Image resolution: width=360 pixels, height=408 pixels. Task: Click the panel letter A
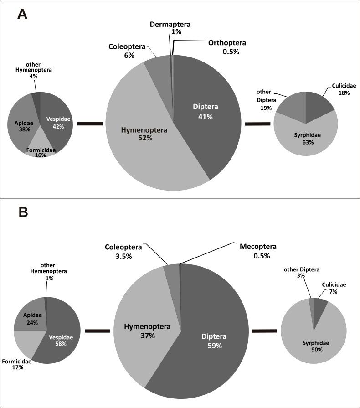click(23, 14)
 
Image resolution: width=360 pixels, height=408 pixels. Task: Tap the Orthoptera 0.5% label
click(227, 47)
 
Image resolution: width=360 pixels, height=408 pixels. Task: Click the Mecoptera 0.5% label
click(259, 251)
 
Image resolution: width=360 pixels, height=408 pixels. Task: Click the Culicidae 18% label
click(338, 89)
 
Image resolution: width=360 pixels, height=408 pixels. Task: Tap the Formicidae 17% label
click(16, 365)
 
